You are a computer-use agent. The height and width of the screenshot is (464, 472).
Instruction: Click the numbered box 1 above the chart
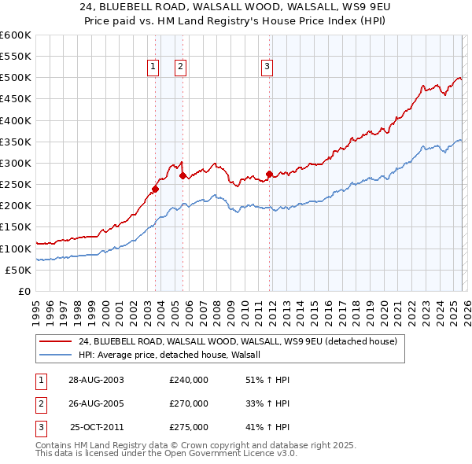click(153, 67)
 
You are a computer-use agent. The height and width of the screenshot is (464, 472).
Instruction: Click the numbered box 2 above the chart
click(180, 67)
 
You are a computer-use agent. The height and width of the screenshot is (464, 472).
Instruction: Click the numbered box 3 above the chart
click(267, 67)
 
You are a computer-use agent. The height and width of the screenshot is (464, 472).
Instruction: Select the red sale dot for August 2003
click(156, 189)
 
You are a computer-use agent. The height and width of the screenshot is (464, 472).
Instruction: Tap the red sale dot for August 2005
click(183, 176)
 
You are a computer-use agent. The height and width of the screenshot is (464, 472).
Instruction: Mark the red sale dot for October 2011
click(269, 174)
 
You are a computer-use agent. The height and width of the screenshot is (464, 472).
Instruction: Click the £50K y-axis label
click(18, 270)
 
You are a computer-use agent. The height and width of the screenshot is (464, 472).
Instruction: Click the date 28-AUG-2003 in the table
click(96, 380)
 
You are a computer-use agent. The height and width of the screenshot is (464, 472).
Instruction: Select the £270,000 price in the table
click(189, 403)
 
